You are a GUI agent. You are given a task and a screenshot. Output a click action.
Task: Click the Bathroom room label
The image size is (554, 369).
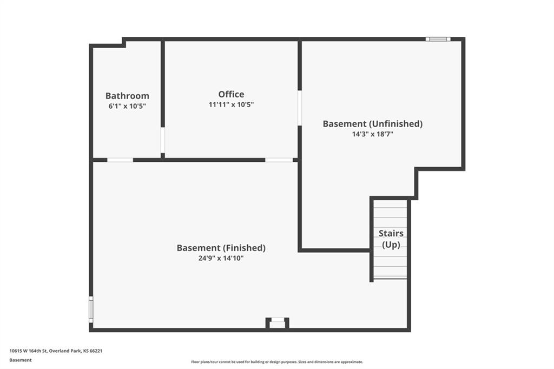(127, 96)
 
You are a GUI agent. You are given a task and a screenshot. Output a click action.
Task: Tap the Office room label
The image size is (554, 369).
(231, 94)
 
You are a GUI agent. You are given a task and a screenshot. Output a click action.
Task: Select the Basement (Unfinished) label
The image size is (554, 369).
(373, 124)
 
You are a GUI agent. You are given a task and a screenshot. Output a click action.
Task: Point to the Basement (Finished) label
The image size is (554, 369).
(221, 248)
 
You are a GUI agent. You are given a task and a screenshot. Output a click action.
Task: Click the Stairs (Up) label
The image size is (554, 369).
(391, 239)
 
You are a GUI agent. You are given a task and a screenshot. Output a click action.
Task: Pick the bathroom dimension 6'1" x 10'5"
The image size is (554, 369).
(127, 106)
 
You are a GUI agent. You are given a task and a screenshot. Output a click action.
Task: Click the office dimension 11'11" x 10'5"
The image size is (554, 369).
(231, 104)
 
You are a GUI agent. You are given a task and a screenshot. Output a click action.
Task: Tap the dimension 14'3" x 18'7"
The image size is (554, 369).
(373, 134)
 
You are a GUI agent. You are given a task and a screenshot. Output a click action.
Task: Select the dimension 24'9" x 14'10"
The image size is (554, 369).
(221, 259)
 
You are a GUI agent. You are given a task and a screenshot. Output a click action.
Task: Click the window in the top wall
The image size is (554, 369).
(438, 39)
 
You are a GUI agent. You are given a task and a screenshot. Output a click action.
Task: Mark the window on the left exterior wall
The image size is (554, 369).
(91, 309)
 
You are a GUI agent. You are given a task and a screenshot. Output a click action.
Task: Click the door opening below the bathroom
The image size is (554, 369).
(120, 160)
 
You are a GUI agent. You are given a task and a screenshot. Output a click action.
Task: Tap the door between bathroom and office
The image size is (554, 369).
(163, 140)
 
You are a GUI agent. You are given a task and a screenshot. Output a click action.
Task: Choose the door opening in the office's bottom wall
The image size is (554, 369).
(279, 160)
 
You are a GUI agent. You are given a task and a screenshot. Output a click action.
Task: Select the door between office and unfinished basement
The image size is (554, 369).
(300, 108)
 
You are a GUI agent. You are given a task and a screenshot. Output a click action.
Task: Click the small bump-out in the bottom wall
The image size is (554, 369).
(278, 323)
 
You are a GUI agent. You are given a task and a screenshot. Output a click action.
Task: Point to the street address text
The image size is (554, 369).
(56, 351)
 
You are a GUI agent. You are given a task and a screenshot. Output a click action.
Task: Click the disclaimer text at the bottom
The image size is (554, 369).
(277, 362)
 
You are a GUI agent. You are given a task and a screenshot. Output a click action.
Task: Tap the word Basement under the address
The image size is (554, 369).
(21, 360)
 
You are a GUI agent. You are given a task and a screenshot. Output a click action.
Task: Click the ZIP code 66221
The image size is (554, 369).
(96, 351)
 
